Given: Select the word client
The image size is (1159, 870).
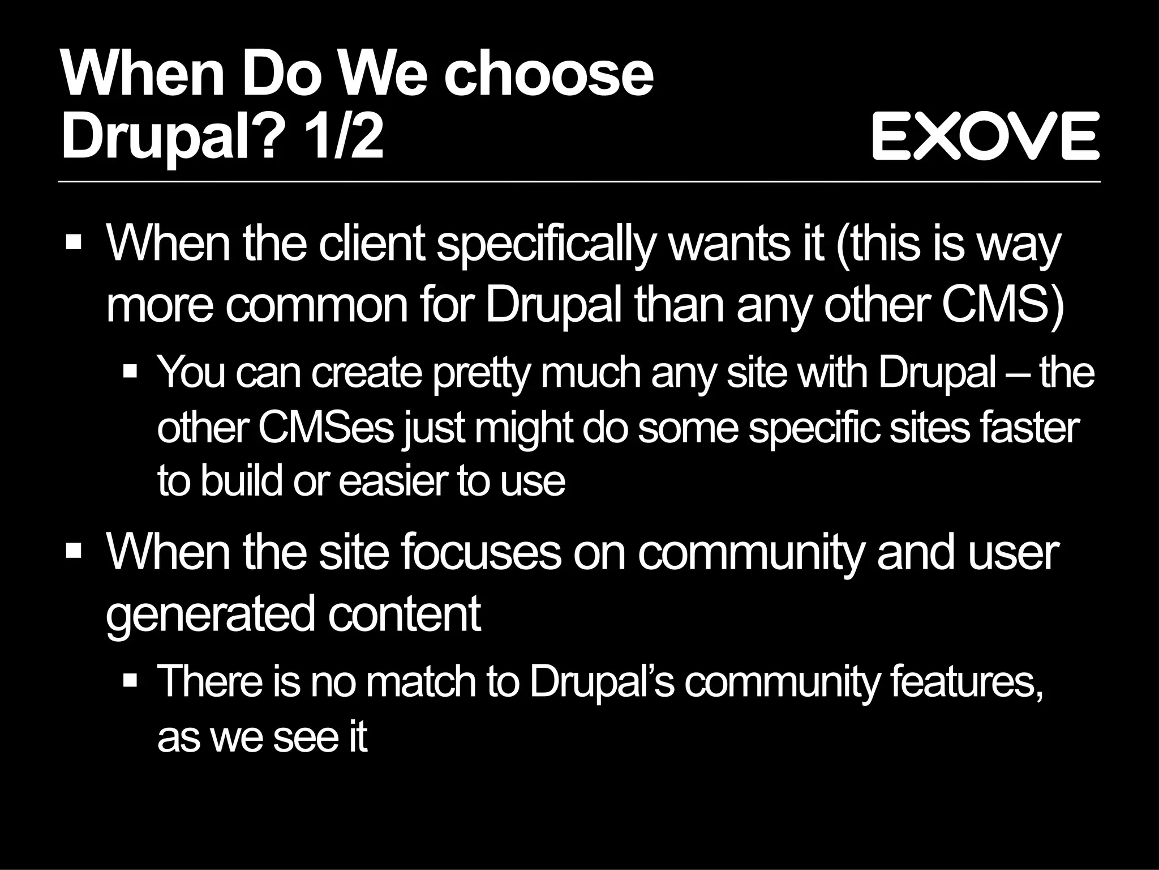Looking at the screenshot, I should [x=371, y=245].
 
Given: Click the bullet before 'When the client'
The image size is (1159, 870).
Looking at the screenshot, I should [x=74, y=244].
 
